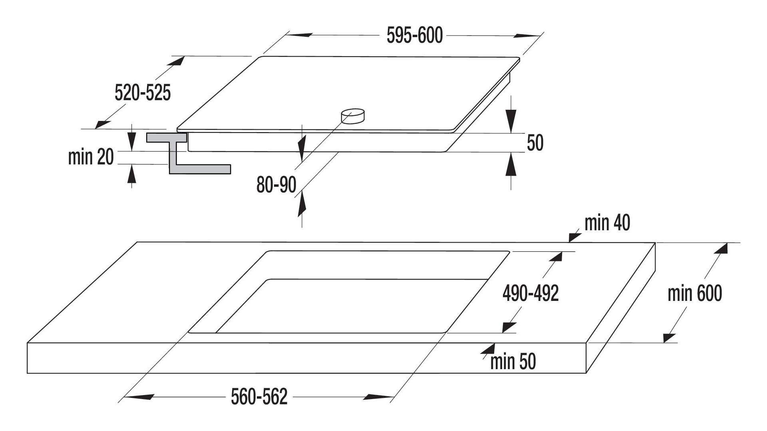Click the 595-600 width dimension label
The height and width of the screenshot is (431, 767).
tap(415, 36)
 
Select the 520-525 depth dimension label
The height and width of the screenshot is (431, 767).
tap(143, 93)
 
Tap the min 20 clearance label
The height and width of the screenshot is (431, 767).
tap(91, 157)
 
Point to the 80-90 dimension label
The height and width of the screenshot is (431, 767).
tap(276, 185)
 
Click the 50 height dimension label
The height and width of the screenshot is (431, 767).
tap(535, 142)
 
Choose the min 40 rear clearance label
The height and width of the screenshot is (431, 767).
tap(607, 223)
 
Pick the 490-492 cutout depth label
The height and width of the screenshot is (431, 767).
tap(531, 294)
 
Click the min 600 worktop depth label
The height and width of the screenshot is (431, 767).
tap(695, 294)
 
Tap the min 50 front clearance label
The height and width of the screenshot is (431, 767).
tap(513, 362)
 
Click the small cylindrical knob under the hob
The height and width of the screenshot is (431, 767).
tap(353, 116)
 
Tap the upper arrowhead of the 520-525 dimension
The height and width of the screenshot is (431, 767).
tap(176, 61)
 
